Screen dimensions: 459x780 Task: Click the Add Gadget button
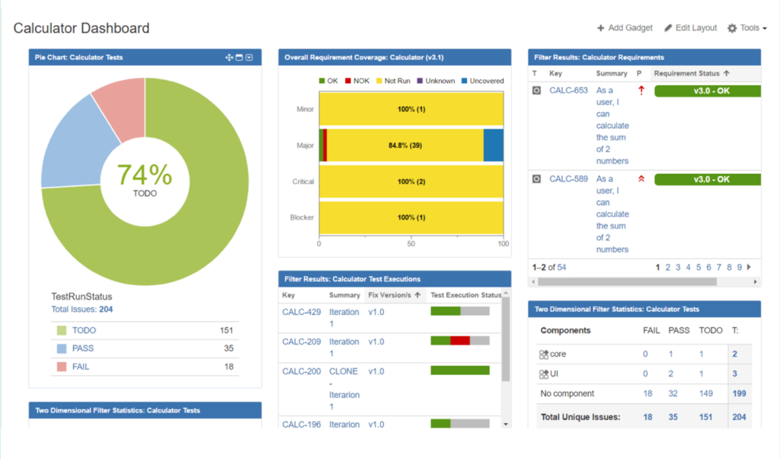click(x=625, y=28)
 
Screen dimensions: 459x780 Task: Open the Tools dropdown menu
click(x=746, y=28)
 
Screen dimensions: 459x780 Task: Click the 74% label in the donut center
click(x=144, y=175)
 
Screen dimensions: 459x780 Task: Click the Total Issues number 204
click(x=106, y=310)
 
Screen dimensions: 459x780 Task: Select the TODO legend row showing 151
click(x=144, y=331)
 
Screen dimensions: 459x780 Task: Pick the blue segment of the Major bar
click(x=494, y=145)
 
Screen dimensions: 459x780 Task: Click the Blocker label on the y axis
click(x=302, y=217)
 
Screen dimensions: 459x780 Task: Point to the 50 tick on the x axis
click(x=411, y=244)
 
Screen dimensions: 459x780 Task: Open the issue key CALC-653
click(x=568, y=91)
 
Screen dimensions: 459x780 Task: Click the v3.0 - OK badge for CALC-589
click(x=707, y=179)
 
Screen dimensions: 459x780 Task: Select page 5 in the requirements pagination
click(x=698, y=268)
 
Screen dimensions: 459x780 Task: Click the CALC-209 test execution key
click(x=301, y=342)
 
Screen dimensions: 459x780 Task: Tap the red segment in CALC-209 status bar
click(x=460, y=341)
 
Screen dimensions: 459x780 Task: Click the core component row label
click(x=558, y=355)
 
